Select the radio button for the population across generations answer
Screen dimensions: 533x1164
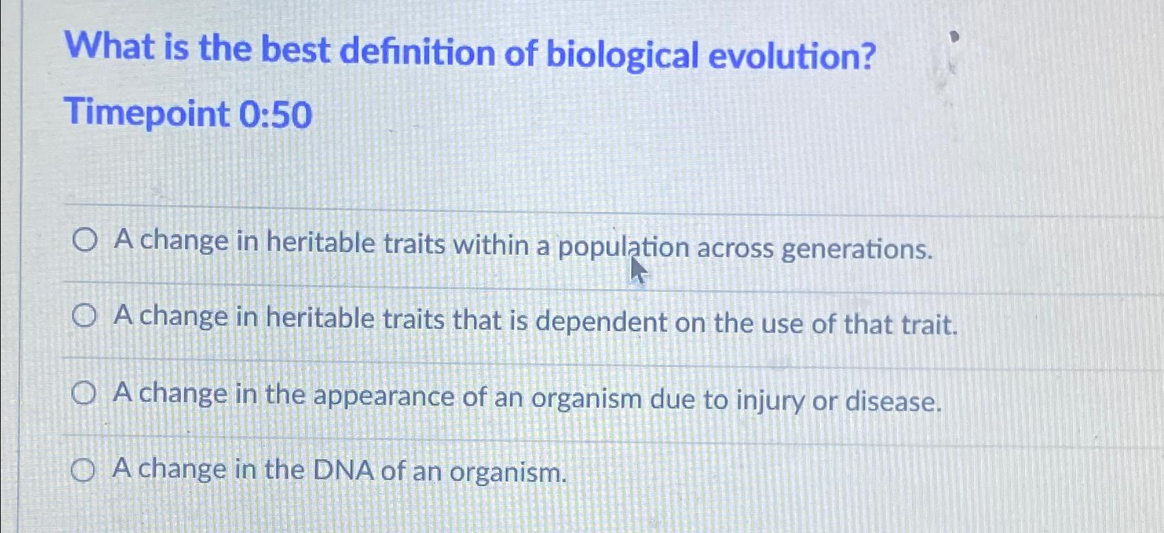pyautogui.click(x=84, y=241)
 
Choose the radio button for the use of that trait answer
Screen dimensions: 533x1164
pyautogui.click(x=84, y=317)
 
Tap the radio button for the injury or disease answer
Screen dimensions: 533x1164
pyautogui.click(x=83, y=394)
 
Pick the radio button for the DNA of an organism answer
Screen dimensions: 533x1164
pyautogui.click(x=83, y=471)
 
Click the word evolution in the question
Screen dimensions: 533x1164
pyautogui.click(x=792, y=56)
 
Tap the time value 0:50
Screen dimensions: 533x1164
pyautogui.click(x=275, y=115)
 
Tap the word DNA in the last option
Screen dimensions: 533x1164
pyautogui.click(x=343, y=471)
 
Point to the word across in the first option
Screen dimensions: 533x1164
pyautogui.click(x=735, y=248)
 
